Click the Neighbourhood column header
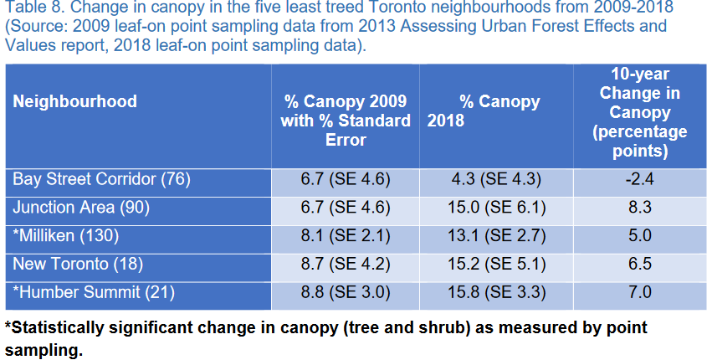pos(75,102)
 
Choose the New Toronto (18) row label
pos(79,264)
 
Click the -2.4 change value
pos(639,179)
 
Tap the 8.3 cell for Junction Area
pos(639,207)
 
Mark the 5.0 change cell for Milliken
pos(639,235)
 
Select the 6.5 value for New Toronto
pos(639,264)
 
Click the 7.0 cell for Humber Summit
pos(639,292)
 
